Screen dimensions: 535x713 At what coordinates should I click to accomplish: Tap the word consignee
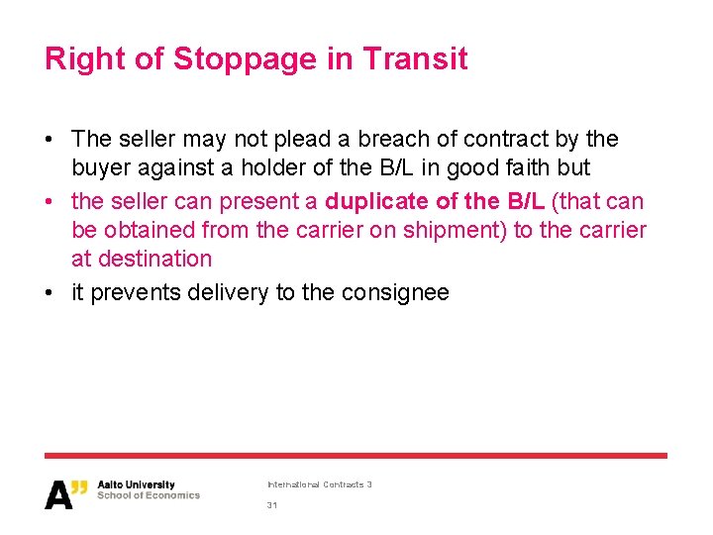pyautogui.click(x=395, y=293)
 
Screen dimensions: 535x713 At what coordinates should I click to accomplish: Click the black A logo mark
pyautogui.click(x=60, y=494)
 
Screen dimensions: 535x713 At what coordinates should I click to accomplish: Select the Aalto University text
pyautogui.click(x=136, y=485)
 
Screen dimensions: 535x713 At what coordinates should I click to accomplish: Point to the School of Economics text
pyautogui.click(x=148, y=495)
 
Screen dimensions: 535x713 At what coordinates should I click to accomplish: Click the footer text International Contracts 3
pyautogui.click(x=319, y=484)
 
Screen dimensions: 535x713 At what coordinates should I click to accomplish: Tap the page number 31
pyautogui.click(x=272, y=505)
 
